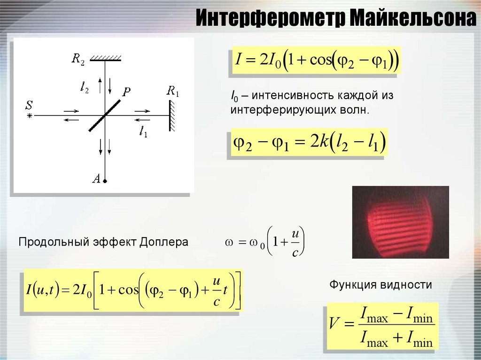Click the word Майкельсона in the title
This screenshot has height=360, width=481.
coord(412,18)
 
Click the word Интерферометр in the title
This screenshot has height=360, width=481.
coord(271,18)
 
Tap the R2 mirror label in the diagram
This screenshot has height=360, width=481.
coord(78,58)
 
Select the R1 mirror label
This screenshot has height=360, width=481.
coord(173,91)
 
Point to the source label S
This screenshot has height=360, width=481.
coord(29,105)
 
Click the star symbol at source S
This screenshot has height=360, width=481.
coord(30,115)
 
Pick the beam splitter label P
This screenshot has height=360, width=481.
coord(126,92)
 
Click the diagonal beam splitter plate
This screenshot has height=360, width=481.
coord(104,115)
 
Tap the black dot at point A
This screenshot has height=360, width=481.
coord(105,181)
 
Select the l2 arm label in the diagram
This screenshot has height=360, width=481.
coord(85,88)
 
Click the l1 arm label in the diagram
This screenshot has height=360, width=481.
coord(143,131)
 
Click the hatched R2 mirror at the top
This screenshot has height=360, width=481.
coord(106,58)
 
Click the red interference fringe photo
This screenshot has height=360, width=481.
coord(400,222)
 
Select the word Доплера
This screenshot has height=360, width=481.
coord(164,242)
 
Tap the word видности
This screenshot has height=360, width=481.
coord(406,284)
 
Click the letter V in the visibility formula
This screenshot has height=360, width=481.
coord(334,322)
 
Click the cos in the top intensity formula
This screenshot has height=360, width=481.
coord(321,60)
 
